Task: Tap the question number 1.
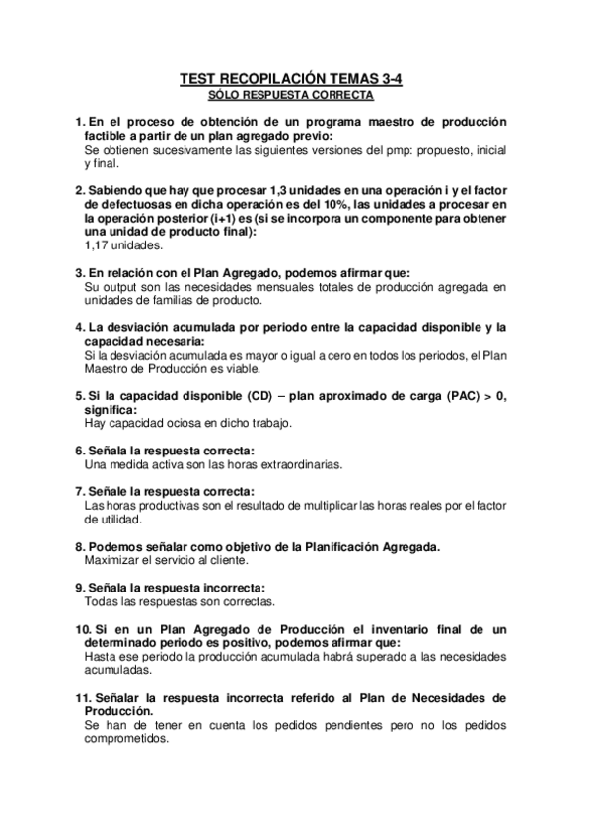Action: (80, 122)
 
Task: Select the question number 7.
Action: (80, 491)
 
